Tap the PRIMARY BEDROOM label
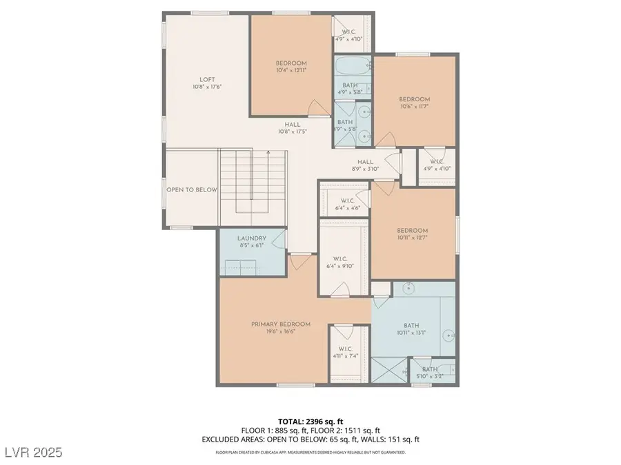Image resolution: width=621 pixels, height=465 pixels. click(x=280, y=324)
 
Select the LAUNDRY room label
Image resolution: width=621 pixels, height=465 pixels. click(x=252, y=238)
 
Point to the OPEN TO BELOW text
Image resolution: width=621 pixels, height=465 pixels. click(x=192, y=190)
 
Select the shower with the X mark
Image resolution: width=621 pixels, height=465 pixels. click(x=390, y=370)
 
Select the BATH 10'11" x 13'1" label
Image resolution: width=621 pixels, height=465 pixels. click(x=411, y=329)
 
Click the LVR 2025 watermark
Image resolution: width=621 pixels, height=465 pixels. click(x=32, y=452)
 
